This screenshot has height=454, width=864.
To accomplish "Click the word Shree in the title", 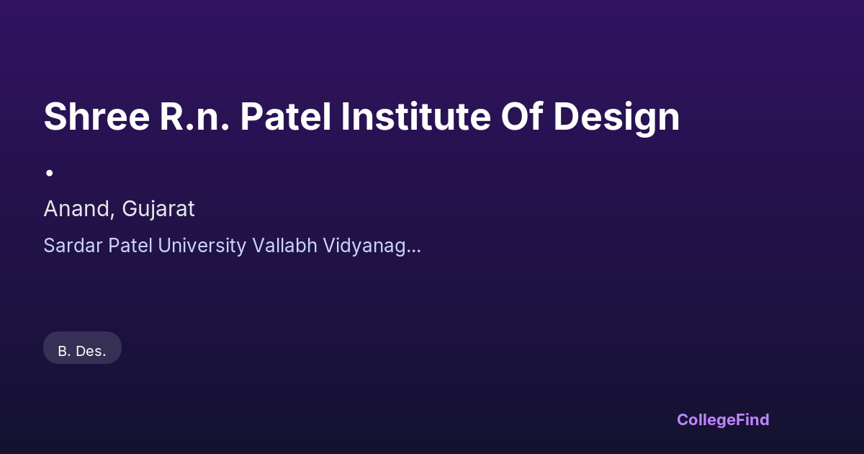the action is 96,117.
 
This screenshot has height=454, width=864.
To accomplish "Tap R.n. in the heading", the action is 194,117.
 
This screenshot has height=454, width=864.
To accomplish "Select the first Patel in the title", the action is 285,117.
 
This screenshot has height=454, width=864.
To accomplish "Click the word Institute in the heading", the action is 416,117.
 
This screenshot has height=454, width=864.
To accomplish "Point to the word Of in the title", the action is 522,116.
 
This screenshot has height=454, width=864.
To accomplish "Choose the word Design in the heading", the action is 616,119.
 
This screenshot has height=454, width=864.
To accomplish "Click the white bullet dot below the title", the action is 50,173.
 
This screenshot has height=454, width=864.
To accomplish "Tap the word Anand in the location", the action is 77,209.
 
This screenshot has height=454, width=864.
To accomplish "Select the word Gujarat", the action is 158,210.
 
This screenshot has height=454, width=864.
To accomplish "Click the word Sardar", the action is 73,246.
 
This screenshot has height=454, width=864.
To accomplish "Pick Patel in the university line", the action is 130,246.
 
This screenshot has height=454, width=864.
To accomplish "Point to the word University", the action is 202,246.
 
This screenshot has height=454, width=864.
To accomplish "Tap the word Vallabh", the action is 285,246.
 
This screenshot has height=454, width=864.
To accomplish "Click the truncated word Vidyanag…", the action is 372,246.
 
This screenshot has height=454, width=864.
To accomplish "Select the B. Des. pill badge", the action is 82,348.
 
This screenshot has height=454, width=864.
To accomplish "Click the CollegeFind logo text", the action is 723,420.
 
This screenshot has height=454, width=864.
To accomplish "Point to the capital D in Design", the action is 567,117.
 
